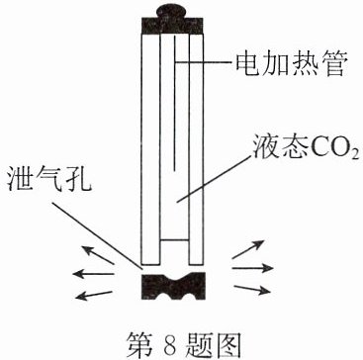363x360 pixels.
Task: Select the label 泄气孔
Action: (48, 180)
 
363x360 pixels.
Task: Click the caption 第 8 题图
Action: (182, 344)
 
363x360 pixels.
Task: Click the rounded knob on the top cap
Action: (172, 11)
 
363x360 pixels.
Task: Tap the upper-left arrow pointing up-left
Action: (98, 255)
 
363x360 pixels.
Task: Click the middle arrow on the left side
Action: (93, 273)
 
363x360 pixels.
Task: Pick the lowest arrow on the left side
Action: (95, 295)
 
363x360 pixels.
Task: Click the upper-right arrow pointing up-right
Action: (248, 249)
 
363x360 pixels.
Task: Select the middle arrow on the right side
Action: (253, 268)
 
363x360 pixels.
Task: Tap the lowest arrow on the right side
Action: (252, 289)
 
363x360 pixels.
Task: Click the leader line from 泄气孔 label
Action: (97, 235)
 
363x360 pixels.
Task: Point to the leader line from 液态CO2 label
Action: (213, 179)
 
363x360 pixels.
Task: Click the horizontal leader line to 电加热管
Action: (202, 61)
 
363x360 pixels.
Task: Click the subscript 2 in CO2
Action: (355, 156)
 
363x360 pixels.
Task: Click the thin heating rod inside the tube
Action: (174, 103)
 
